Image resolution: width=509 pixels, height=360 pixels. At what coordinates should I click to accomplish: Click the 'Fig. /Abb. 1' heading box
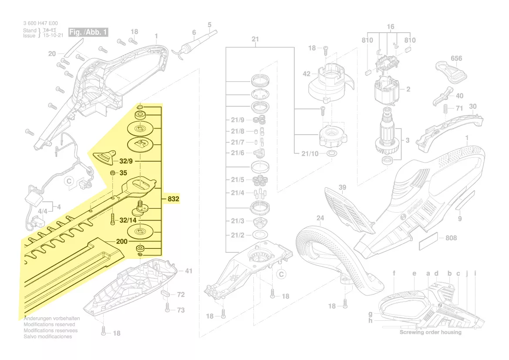click(89, 32)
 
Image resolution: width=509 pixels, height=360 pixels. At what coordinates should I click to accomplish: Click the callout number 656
click(456, 58)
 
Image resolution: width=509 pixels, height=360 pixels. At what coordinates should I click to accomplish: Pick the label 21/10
click(310, 153)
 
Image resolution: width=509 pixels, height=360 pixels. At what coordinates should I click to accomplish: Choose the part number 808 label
click(451, 238)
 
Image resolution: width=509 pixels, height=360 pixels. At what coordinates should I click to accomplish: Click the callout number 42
click(307, 74)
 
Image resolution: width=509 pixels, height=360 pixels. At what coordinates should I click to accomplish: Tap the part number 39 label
click(343, 187)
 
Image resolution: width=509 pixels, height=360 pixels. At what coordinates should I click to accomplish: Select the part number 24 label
click(320, 218)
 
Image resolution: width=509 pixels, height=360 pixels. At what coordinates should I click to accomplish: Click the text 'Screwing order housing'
click(430, 332)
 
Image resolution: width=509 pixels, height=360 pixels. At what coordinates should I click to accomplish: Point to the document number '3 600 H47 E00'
click(40, 24)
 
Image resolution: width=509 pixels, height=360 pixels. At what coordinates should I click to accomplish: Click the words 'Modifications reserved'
click(49, 325)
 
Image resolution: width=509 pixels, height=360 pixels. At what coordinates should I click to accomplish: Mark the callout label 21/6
click(237, 153)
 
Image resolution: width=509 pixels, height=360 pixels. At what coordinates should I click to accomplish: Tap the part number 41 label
click(189, 271)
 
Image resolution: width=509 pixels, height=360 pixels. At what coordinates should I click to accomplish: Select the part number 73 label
click(181, 310)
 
